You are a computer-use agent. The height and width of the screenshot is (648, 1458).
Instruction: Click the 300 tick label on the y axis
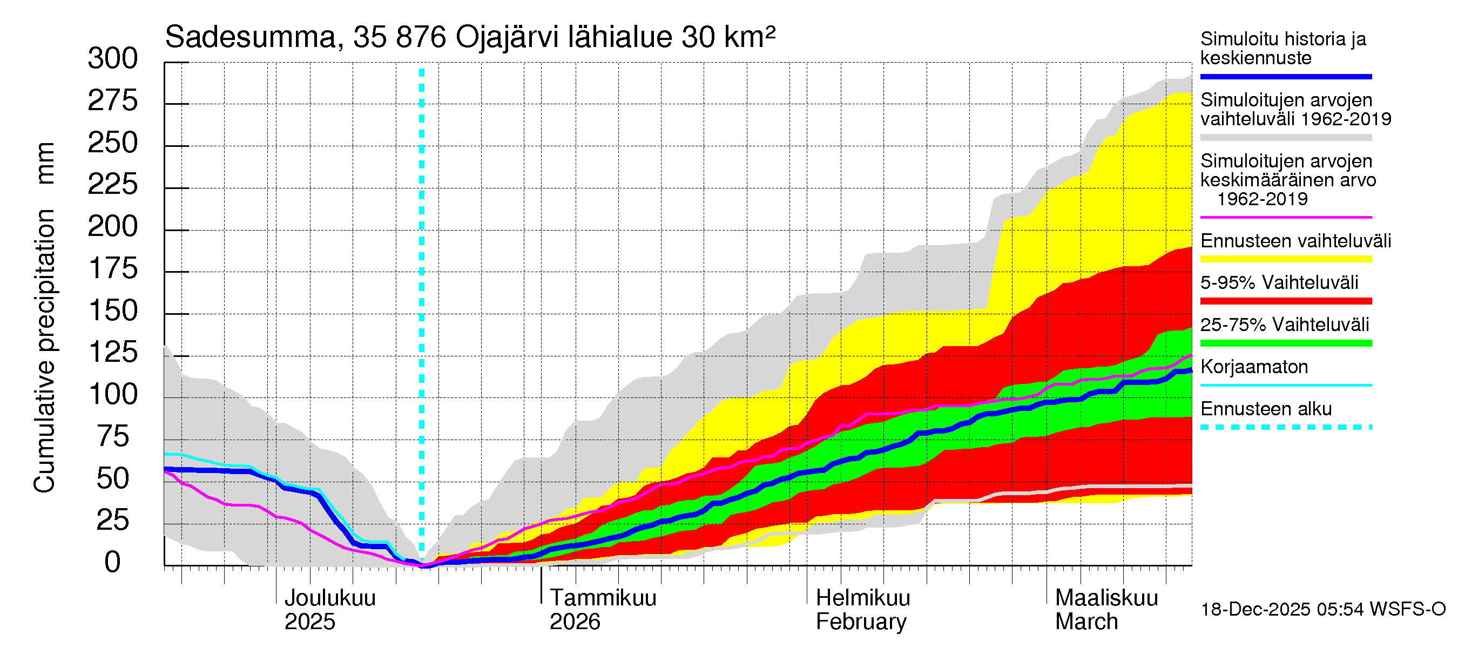coord(113,59)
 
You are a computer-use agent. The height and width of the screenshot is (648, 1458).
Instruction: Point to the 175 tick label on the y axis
coord(113,269)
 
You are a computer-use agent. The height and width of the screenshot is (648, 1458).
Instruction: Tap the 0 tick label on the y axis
coord(113,563)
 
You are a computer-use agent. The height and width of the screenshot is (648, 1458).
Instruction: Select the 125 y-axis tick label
coord(113,353)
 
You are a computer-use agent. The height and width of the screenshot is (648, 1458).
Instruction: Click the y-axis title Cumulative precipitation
coord(44,351)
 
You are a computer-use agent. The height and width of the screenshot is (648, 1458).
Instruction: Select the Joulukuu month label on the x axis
coord(330,598)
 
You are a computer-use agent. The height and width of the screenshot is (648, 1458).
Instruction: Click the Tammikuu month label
coord(603,598)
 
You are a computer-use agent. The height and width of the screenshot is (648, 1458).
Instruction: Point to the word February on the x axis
coord(861,622)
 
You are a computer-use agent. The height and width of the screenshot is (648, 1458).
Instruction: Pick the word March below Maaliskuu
coord(1086,622)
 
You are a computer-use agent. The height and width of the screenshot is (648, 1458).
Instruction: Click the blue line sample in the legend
coord(1285,76)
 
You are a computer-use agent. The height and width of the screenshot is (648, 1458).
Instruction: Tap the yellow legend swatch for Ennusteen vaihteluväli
coord(1285,259)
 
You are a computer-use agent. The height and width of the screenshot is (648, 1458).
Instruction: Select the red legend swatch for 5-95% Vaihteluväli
coord(1285,301)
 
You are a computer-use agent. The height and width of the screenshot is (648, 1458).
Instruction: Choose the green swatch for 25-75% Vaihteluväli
coord(1285,343)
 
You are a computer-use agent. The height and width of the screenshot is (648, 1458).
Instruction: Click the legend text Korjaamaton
coord(1254,367)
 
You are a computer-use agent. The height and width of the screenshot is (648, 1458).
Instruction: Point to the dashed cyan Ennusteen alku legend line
coord(1285,427)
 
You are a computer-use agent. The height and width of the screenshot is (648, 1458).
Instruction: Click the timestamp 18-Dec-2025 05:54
coord(1255,610)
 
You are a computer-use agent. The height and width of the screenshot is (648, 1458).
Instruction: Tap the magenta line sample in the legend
coord(1285,217)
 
